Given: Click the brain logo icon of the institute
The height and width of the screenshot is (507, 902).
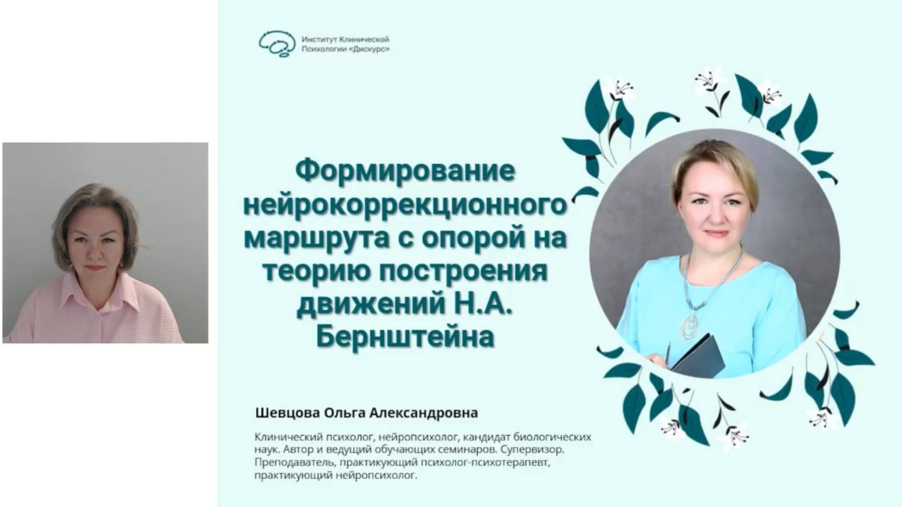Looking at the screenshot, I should pos(277,44).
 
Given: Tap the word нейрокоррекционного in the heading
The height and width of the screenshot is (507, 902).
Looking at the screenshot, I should pos(405,204).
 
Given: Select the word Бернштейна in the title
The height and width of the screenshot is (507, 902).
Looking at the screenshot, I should pos(405,337).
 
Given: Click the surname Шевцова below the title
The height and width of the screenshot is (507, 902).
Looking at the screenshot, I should pos(287,412).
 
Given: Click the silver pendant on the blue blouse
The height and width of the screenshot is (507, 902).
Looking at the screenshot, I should pos(690,325).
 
